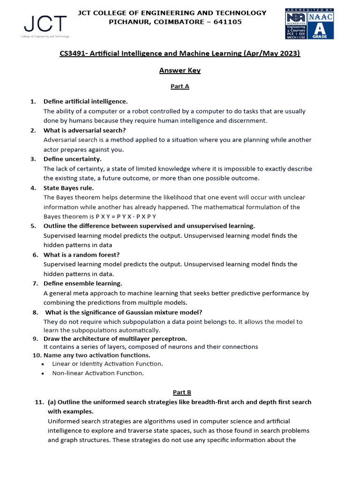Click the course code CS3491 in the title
tap(73, 54)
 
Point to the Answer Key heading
tap(180, 70)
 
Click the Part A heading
tap(180, 86)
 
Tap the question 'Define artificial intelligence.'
tap(85, 102)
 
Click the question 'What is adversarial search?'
tap(84, 130)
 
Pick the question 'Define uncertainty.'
tap(73, 159)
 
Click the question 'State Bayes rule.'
tap(69, 188)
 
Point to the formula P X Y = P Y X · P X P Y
tap(126, 217)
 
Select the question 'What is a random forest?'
tap(82, 255)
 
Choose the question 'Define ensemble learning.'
tap(82, 284)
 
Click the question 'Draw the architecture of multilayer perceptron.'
tap(115, 338)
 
